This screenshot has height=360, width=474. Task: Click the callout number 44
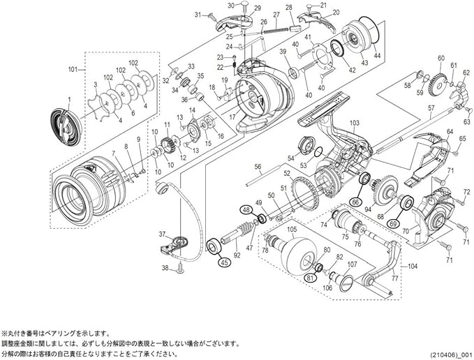378,55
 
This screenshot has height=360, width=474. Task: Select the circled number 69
394,224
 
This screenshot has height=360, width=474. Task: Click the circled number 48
246,209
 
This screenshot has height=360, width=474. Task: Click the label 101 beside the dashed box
72,69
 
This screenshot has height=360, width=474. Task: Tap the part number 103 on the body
354,123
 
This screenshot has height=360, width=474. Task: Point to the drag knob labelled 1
64,123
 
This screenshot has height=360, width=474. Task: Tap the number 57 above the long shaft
431,108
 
